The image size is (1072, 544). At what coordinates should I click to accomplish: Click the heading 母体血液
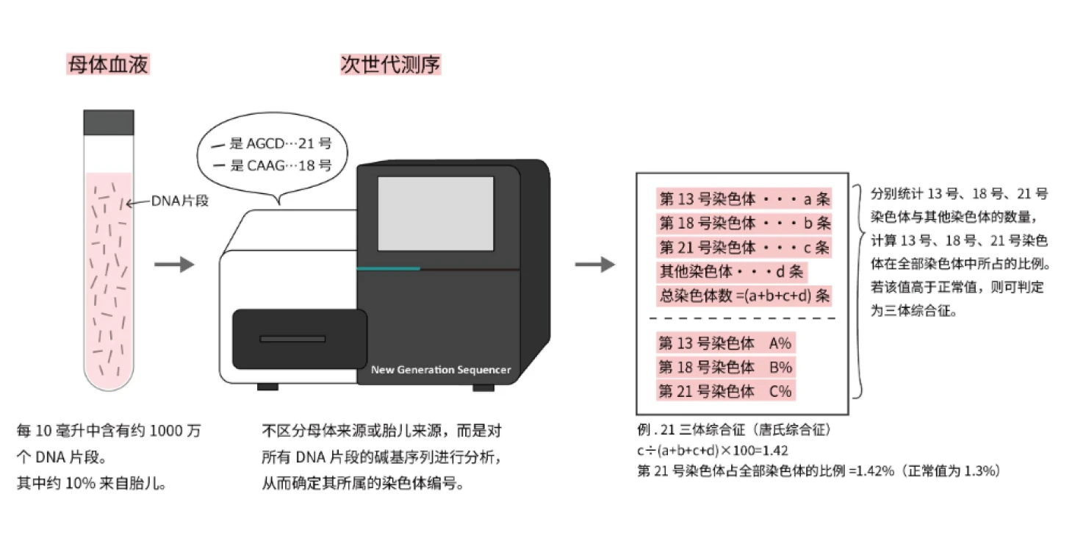click(108, 65)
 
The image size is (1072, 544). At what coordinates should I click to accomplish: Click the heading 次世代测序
click(390, 65)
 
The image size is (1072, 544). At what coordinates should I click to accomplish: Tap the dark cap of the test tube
click(109, 122)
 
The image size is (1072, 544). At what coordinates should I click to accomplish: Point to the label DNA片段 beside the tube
click(180, 201)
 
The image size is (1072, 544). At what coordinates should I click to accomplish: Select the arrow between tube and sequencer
click(174, 265)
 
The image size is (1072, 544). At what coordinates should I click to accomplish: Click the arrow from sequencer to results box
click(594, 265)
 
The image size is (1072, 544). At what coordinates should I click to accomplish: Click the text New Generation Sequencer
click(440, 370)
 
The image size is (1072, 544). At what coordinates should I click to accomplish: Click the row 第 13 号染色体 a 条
click(744, 199)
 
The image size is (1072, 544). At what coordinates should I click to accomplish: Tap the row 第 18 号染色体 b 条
click(744, 223)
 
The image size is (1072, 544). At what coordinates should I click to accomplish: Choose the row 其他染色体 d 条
click(731, 271)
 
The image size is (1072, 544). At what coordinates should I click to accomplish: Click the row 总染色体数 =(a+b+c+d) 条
click(744, 296)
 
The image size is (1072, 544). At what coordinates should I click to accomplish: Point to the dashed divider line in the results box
click(742, 318)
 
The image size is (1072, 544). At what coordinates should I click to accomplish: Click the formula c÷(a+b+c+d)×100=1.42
click(713, 451)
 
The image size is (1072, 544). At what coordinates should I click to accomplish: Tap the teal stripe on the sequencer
click(388, 269)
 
